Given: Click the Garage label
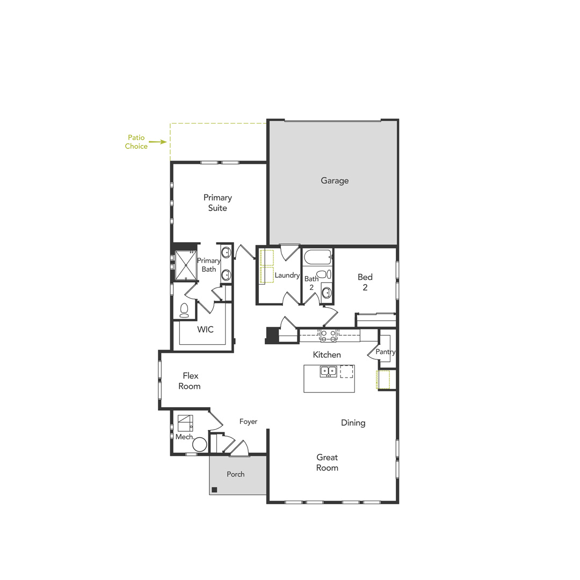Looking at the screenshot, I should (x=335, y=181).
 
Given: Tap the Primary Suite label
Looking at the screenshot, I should (x=218, y=203).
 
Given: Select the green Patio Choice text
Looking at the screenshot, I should (x=136, y=142).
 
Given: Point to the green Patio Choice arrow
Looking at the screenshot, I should (x=157, y=142).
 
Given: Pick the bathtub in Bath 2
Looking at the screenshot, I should (x=317, y=257).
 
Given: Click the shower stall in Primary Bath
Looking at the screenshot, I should (x=186, y=265).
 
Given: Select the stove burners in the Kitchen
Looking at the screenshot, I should (x=328, y=336).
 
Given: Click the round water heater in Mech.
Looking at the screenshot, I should (x=200, y=444).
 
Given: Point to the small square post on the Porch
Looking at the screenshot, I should (x=214, y=489).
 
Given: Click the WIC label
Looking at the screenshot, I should (x=205, y=330).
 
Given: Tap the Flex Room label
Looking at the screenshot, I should (x=190, y=381).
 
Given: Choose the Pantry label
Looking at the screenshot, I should (x=386, y=352).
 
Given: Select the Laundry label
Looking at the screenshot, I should (x=287, y=275).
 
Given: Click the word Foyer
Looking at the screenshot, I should (x=248, y=422).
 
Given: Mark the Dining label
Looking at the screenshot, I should (x=353, y=423).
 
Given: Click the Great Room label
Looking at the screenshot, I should (x=327, y=462).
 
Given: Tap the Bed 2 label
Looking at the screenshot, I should (x=365, y=282).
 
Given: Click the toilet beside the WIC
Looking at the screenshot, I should (x=184, y=310).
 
